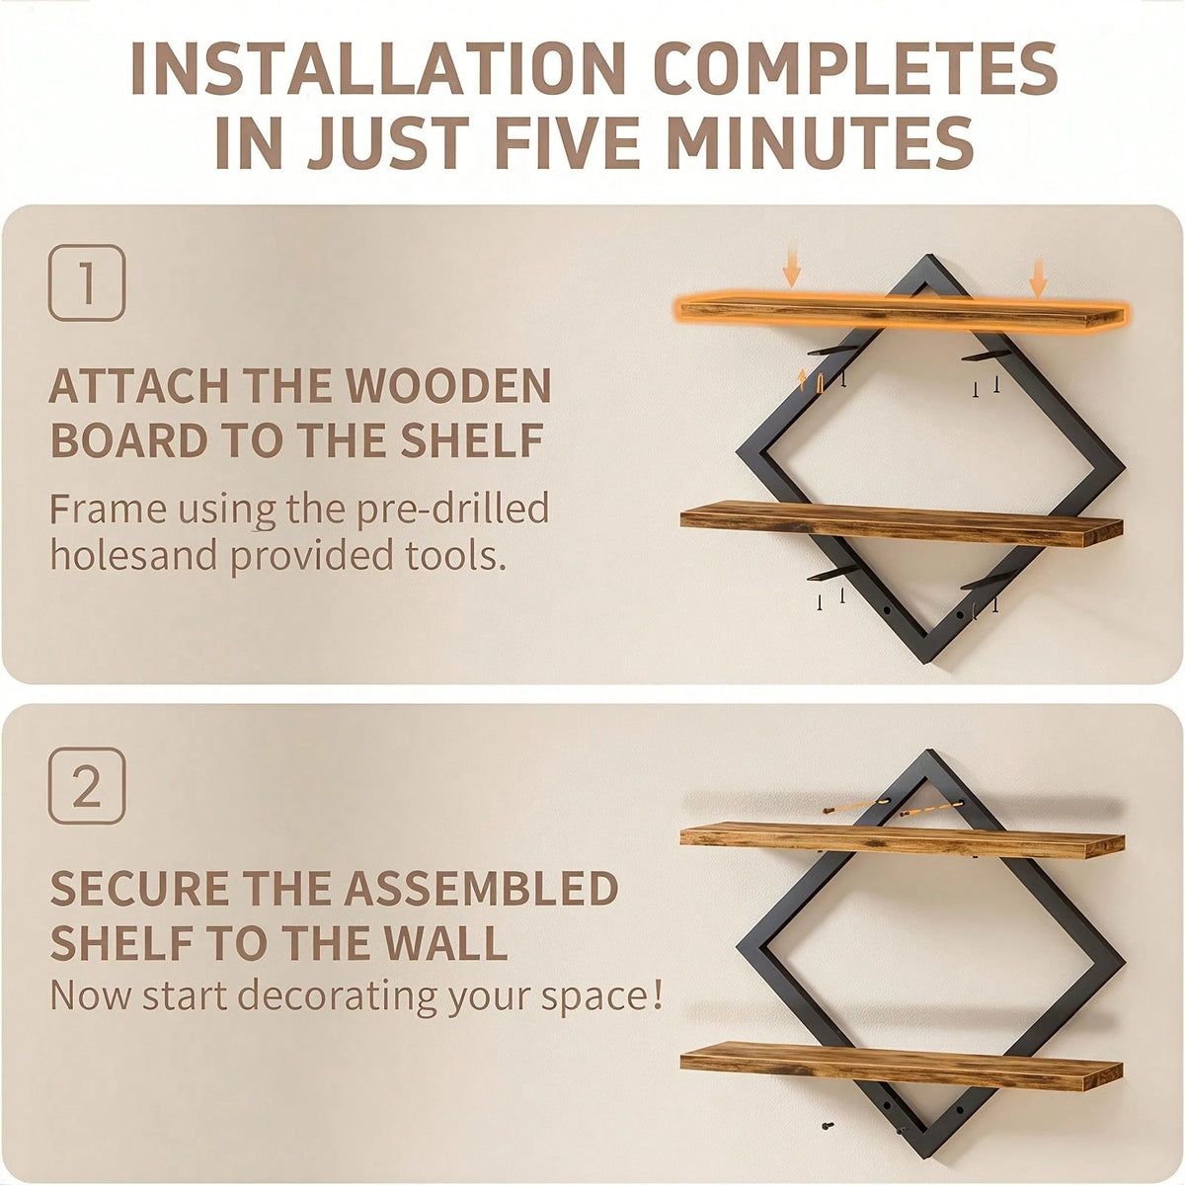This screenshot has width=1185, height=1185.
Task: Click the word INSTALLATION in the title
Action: coord(377,68)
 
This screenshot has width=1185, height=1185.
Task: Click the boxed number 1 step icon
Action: coord(87,282)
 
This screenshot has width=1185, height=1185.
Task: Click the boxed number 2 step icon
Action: coord(87,786)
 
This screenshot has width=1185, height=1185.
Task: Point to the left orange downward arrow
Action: coord(791,272)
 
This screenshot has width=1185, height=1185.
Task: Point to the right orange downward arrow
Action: coord(1039,277)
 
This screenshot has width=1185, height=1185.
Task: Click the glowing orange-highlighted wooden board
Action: coord(903,312)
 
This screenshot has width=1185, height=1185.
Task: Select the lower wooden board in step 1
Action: coord(902,524)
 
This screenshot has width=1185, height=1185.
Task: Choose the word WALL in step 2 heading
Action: coord(446,943)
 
